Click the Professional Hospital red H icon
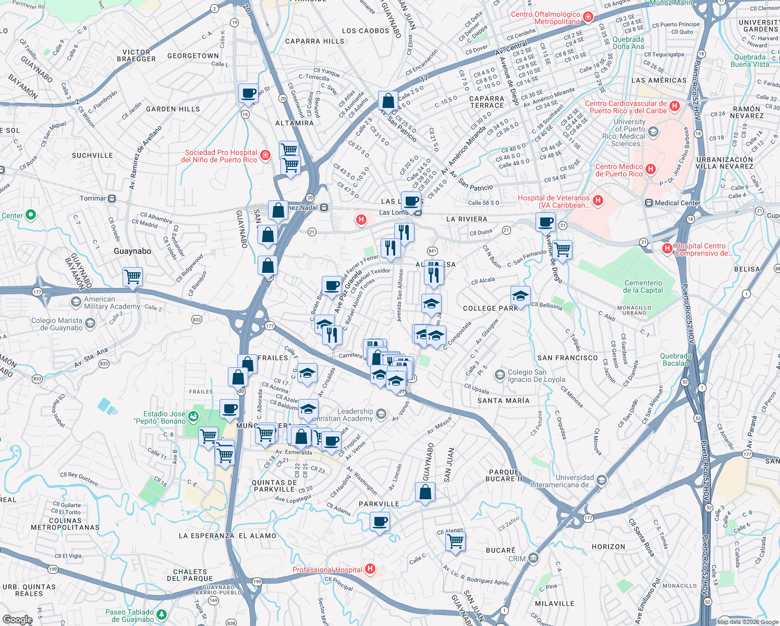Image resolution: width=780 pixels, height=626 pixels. coord(370,569)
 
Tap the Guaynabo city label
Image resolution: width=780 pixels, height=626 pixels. coord(132,251)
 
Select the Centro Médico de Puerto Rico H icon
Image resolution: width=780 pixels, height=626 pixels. coord(650,169)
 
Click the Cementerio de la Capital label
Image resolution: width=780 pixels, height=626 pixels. coord(643,286)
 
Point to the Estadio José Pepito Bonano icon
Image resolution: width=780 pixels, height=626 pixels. coord(193,416)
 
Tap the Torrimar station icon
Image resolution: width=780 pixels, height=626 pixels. coord(112,199)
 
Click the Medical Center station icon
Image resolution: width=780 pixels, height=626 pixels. coord(649,203)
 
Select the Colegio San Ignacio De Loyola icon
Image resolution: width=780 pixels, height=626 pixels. coord(500,375)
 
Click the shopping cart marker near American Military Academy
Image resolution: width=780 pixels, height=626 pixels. coord(132,276)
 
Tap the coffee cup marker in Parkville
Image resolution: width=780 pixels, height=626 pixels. coord(380,521)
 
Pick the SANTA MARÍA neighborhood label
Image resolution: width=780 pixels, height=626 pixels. coord(503,401)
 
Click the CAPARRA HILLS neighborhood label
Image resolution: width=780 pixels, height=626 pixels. coord(314,41)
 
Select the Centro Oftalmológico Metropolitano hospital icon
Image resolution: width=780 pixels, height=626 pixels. coord(588,17)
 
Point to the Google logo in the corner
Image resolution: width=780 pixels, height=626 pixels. coord(17,619)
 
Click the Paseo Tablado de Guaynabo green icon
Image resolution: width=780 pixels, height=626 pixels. coord(162,615)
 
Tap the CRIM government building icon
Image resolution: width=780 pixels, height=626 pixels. coord(533,558)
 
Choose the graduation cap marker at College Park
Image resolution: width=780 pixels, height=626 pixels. coord(520,296)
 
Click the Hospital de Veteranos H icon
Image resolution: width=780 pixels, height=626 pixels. coord(598,200)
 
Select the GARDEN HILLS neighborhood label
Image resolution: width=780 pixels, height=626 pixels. coord(173,109)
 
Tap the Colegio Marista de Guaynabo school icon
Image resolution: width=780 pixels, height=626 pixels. coord(90,324)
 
